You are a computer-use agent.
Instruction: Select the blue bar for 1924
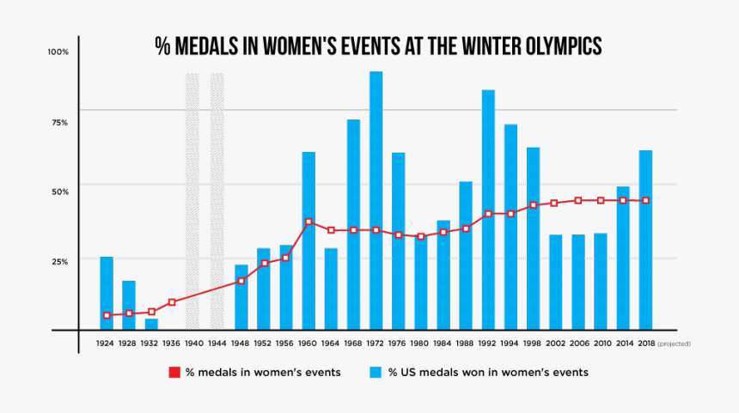pyautogui.click(x=107, y=293)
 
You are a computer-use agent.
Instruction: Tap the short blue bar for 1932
pyautogui.click(x=151, y=324)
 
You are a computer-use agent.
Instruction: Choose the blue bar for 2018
pyautogui.click(x=645, y=240)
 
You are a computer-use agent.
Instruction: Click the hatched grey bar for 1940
pyautogui.click(x=192, y=201)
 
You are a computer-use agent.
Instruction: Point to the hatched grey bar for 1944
pyautogui.click(x=217, y=201)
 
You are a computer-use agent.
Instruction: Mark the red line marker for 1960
pyautogui.click(x=308, y=222)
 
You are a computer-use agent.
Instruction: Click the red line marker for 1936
pyautogui.click(x=172, y=302)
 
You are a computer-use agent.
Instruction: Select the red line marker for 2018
pyautogui.click(x=645, y=200)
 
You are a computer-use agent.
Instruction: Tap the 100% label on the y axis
pyautogui.click(x=58, y=52)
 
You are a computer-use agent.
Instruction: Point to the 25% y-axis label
pyautogui.click(x=58, y=261)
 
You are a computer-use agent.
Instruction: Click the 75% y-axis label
pyautogui.click(x=58, y=123)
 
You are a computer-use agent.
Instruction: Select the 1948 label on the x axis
pyautogui.click(x=241, y=343)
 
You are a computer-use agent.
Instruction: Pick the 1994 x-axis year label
pyautogui.click(x=510, y=343)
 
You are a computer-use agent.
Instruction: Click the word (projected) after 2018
pyautogui.click(x=674, y=343)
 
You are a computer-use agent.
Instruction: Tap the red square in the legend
pyautogui.click(x=174, y=373)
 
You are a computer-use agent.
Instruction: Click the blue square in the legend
pyautogui.click(x=376, y=373)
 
